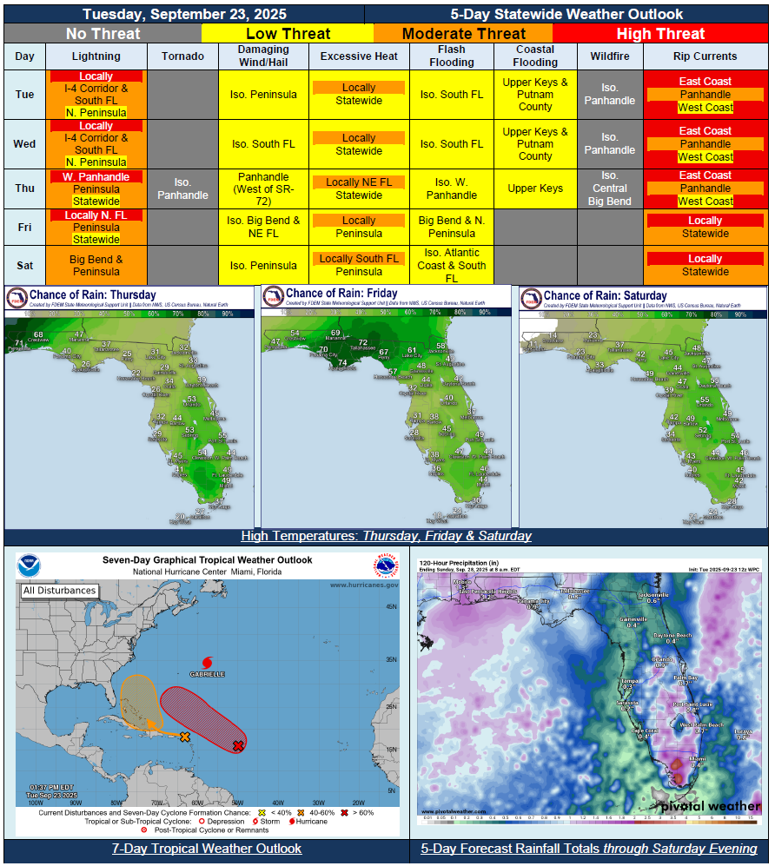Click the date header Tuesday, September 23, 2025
tap(184, 14)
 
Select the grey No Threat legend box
tap(103, 34)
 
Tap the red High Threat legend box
tap(660, 34)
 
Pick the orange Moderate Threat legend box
tap(463, 34)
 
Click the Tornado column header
tap(182, 56)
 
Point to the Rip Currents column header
tap(705, 56)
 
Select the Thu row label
tap(25, 188)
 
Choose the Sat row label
tap(25, 265)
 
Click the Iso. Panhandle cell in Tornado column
tap(182, 188)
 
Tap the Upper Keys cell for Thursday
tap(535, 188)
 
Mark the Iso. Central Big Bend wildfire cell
tap(610, 188)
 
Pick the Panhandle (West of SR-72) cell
tap(262, 188)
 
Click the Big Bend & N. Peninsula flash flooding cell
tap(451, 227)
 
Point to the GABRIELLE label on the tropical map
tap(208, 673)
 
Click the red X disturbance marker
tap(237, 745)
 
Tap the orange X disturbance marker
tap(184, 737)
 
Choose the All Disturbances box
tap(59, 591)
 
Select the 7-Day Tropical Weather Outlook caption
tap(207, 849)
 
